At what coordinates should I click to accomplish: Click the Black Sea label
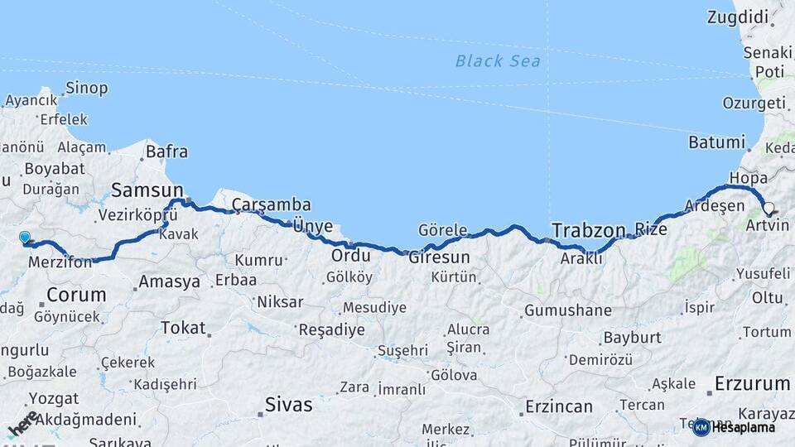tap(498, 60)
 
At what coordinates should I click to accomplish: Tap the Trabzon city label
tap(588, 230)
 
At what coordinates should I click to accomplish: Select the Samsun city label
tap(147, 189)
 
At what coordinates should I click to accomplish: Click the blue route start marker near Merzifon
tap(25, 238)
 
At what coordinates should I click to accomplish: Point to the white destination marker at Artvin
tap(768, 209)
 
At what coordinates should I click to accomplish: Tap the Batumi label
tap(718, 142)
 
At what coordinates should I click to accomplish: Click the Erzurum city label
tap(752, 383)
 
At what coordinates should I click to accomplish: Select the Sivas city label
tap(289, 405)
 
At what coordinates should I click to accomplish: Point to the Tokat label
tap(183, 328)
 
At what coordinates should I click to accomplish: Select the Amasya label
tap(169, 281)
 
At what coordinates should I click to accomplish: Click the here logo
tap(22, 424)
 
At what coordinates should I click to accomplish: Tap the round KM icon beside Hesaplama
tap(701, 427)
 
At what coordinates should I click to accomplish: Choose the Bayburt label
tap(632, 338)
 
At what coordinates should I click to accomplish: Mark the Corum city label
tap(76, 294)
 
